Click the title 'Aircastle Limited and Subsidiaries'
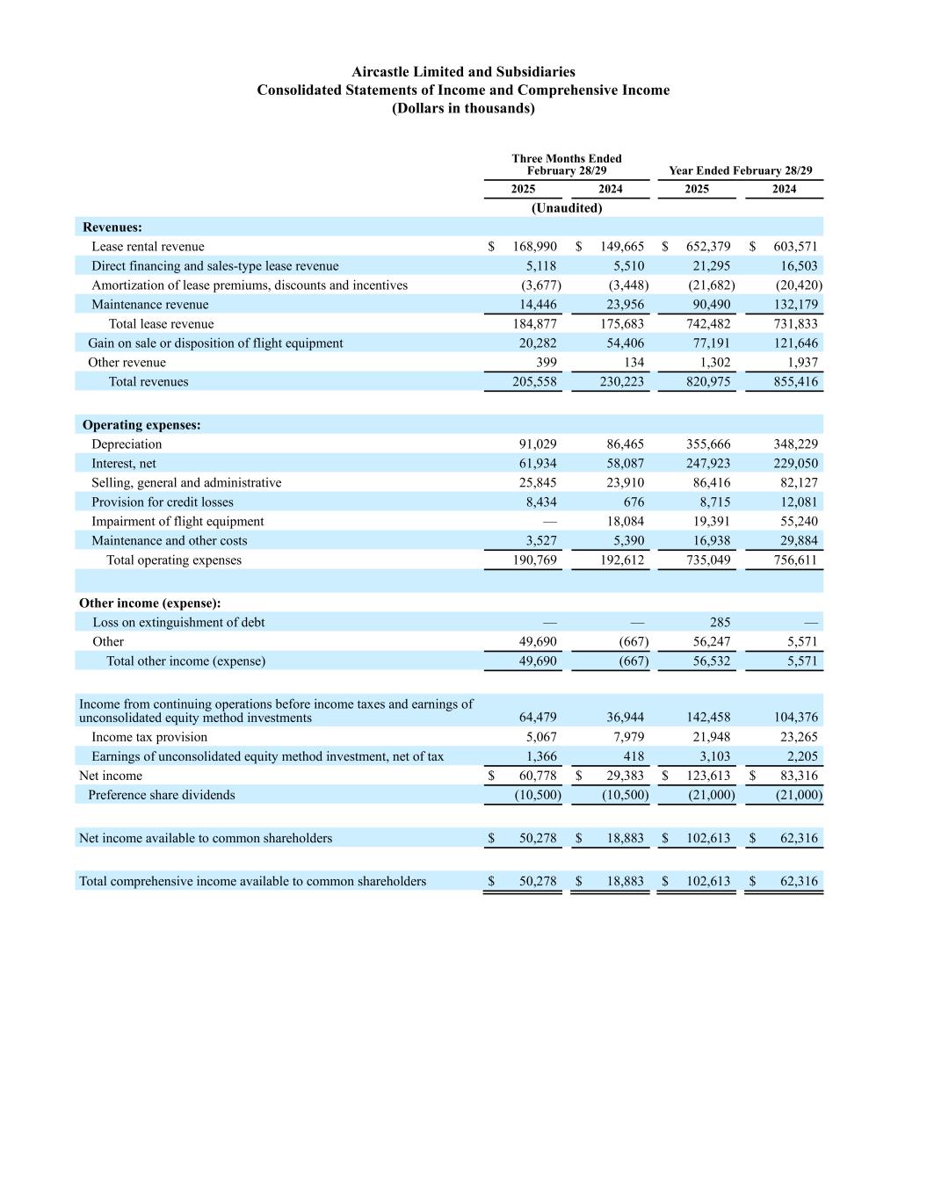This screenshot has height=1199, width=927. point(463,71)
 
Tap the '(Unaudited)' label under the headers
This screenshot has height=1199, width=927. point(567,208)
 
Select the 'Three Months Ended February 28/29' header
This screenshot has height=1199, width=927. point(567,164)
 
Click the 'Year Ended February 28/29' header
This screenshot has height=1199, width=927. point(740,170)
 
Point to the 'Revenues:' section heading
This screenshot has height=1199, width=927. point(112,228)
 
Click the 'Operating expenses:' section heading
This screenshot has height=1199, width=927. point(141,425)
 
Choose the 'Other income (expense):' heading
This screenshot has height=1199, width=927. point(149,603)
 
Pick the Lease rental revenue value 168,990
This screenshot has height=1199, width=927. point(534,247)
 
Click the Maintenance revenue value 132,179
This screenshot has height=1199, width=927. point(795,305)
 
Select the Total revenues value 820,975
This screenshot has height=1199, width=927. point(708,382)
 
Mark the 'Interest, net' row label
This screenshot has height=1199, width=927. point(124,464)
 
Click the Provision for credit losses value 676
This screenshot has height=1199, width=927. point(634,502)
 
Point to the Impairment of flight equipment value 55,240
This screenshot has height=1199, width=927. point(795,522)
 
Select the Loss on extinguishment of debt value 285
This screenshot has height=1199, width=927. point(720,623)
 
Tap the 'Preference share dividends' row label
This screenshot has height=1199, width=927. point(162,795)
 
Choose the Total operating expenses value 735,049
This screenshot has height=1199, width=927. point(708,560)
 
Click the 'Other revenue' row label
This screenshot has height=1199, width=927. point(127,363)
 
